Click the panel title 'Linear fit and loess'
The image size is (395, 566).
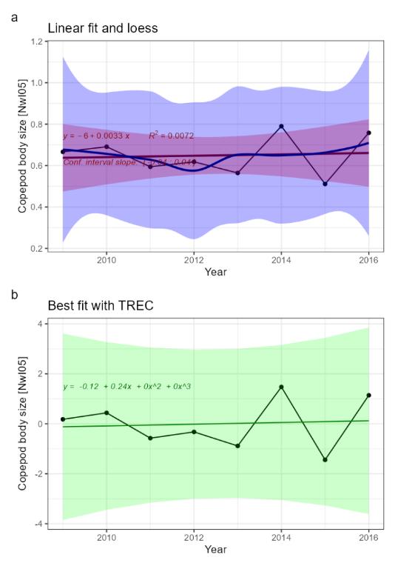[104, 28]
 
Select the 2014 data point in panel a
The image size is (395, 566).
[281, 127]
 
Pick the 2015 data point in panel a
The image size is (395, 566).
[325, 184]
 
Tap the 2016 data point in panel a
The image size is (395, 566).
[368, 133]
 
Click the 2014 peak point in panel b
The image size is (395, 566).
[281, 387]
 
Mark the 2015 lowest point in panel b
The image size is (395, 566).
[325, 459]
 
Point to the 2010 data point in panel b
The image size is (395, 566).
[107, 413]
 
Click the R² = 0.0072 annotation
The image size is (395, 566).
[172, 136]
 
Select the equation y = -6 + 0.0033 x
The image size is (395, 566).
[96, 136]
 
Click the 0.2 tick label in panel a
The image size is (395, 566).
[35, 248]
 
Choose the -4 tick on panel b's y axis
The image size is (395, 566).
[36, 524]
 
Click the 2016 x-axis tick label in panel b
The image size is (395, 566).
[368, 537]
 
